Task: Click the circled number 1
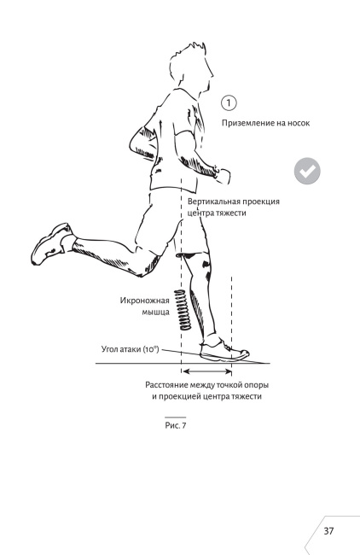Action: [229, 103]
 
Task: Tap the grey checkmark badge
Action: [307, 171]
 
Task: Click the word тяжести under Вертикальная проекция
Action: [231, 213]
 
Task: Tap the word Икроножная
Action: [145, 301]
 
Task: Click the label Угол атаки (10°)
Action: [131, 350]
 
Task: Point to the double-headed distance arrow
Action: [207, 371]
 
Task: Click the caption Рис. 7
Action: [176, 425]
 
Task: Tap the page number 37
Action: [328, 531]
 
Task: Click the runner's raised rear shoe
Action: [50, 243]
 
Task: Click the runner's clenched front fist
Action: [222, 176]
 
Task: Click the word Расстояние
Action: [166, 385]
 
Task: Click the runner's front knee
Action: [199, 261]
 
